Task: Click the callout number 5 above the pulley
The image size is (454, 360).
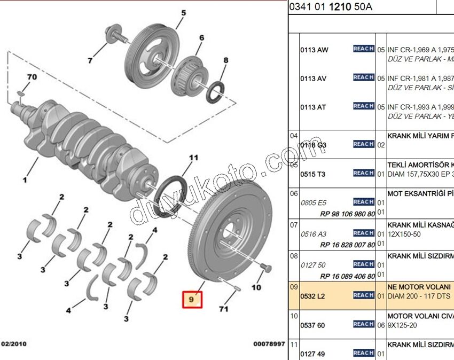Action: click(183, 13)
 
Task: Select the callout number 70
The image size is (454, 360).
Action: click(32, 77)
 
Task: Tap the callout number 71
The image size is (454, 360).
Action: click(223, 309)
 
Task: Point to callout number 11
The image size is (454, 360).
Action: click(193, 158)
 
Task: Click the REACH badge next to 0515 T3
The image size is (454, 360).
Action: click(363, 173)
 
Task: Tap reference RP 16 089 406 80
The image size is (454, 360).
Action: click(347, 276)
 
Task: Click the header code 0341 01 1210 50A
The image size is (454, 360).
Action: click(331, 7)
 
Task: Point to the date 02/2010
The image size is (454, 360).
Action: click(14, 344)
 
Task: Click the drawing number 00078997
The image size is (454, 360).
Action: click(269, 345)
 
